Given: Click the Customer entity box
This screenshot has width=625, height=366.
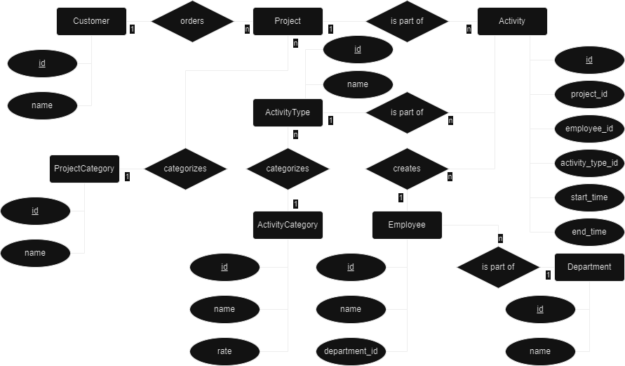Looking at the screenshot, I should point(91,21).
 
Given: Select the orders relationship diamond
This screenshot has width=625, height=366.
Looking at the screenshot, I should point(192,21).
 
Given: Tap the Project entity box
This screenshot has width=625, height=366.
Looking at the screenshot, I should point(288,21).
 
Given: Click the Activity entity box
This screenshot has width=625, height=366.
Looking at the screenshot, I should point(512,21).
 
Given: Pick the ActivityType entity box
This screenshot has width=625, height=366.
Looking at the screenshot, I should point(288,112).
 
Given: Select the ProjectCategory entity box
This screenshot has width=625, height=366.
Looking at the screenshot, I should point(84,169).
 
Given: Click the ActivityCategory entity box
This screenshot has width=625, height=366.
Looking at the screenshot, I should point(288,225).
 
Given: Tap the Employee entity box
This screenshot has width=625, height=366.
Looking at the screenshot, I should point(407,225).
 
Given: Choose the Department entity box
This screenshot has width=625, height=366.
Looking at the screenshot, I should point(589,267).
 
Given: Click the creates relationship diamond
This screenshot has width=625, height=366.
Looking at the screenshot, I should point(407,169).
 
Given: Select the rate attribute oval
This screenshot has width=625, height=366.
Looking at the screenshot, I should point(224,350).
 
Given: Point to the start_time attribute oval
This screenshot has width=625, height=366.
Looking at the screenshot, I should point(589,197).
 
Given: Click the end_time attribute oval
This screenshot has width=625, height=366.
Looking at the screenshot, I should point(589,231).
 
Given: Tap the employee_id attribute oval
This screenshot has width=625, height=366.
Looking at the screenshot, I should point(589,129).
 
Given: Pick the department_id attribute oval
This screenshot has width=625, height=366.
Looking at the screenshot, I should point(351,350).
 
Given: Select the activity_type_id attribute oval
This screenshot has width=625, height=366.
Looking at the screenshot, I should point(589,163).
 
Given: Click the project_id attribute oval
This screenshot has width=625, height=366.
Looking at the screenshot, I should point(589,94).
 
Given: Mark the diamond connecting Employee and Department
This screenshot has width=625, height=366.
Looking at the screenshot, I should point(498,267).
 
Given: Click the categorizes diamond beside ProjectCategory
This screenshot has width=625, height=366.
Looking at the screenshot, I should point(185,169).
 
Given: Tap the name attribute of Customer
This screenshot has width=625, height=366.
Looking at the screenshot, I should point(42,105).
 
